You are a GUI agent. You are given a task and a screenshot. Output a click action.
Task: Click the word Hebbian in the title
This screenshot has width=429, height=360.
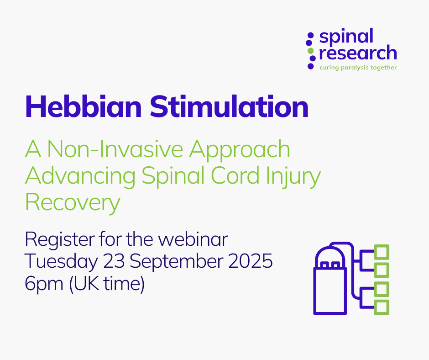coord(84,106)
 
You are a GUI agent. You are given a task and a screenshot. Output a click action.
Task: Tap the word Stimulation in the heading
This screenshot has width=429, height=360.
coord(229,106)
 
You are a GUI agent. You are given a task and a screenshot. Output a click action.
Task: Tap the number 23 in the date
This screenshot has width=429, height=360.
coord(114,261)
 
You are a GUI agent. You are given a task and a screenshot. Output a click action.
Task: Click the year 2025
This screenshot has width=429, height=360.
coord(251,261)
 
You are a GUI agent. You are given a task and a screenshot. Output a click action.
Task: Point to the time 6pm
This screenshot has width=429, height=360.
coord(44,284)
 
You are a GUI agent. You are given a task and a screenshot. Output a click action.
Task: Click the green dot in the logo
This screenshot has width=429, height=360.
coord(310,51)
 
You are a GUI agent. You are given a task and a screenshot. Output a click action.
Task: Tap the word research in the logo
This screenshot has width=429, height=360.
coord(358,53)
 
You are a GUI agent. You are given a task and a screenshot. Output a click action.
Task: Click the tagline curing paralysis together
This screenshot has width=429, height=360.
coord(358,68)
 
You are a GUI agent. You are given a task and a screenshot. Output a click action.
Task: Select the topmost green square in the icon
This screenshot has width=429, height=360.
coord(382,252)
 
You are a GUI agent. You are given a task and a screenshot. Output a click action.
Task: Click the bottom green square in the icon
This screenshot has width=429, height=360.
coord(382,307)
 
